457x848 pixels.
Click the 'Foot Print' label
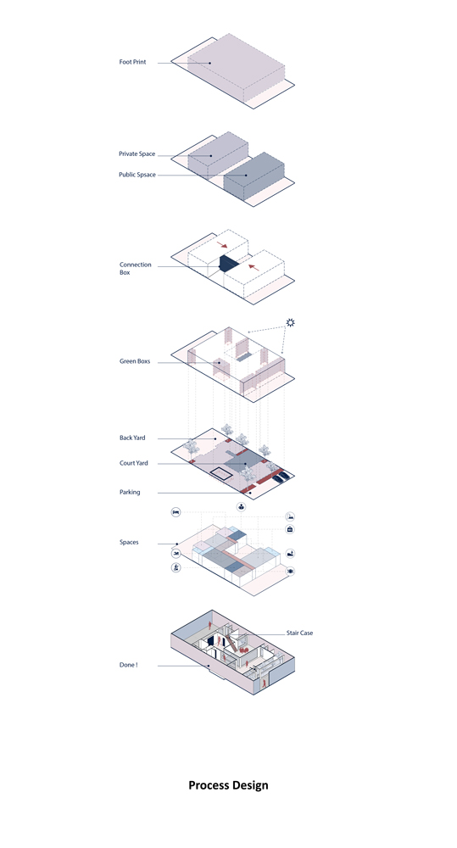click(132, 62)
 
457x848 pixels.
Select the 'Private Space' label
click(137, 154)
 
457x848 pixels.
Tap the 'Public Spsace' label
click(137, 175)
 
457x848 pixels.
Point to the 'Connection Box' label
click(135, 269)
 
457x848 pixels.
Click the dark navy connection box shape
click(228, 264)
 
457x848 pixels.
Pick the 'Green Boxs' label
click(135, 361)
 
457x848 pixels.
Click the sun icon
click(291, 323)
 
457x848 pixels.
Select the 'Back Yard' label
click(132, 438)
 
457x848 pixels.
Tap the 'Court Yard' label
click(134, 464)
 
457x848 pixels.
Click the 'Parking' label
click(130, 492)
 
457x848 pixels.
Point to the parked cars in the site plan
click(280, 477)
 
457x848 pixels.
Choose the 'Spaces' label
click(129, 543)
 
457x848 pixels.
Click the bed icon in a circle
click(176, 511)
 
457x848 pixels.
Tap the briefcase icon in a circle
click(290, 529)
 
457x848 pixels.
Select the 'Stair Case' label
click(299, 633)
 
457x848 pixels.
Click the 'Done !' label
click(128, 665)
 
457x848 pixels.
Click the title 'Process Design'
click(228, 785)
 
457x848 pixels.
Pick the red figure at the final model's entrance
click(264, 683)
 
